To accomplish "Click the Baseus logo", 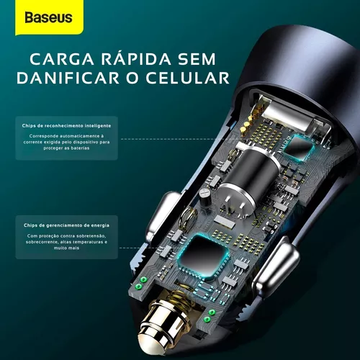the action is (x=48, y=17).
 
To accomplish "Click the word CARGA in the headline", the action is (x=62, y=59).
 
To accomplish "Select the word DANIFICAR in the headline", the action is (x=68, y=78).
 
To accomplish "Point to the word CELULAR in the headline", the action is (x=187, y=78).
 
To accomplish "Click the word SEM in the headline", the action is (x=197, y=59).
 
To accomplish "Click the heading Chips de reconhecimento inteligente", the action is (x=66, y=125).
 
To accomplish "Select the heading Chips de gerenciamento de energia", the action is (x=66, y=225).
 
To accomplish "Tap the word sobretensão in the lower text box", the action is (x=91, y=236).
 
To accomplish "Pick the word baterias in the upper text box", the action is (x=80, y=148).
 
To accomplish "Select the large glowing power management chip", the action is (x=204, y=258).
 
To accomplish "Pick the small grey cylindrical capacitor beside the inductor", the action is (x=204, y=197).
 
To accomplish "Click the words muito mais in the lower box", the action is (x=66, y=248).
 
